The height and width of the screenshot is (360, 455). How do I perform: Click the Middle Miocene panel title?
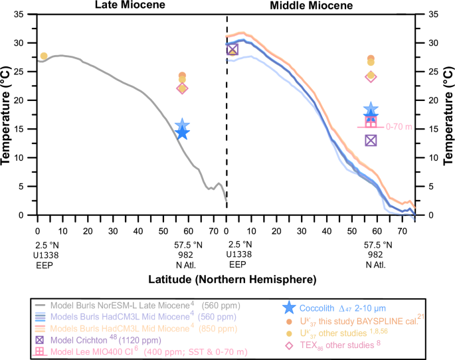tap(320, 5)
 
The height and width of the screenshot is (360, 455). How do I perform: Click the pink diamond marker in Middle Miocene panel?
tap(371, 76)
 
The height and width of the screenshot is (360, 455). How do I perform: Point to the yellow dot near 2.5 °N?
tap(44, 56)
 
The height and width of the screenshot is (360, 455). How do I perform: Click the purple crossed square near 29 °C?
tap(232, 49)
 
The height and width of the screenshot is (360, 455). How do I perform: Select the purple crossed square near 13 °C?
tap(371, 139)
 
